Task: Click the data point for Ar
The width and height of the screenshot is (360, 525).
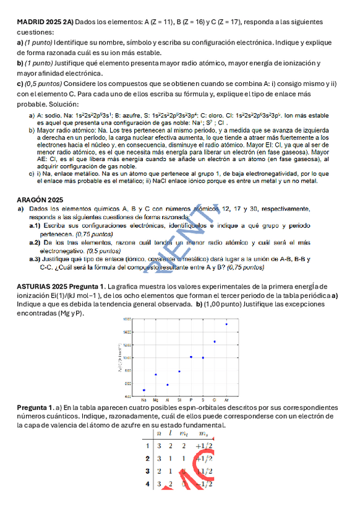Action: (x=226, y=324)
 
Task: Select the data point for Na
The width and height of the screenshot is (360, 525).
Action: (x=144, y=390)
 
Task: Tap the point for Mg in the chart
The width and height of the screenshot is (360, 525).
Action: (x=156, y=375)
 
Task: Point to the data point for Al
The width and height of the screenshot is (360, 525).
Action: (x=168, y=384)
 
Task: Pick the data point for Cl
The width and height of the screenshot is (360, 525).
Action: (x=215, y=341)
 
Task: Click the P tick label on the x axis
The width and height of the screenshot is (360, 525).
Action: (x=191, y=400)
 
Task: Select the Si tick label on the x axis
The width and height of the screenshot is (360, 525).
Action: (x=179, y=400)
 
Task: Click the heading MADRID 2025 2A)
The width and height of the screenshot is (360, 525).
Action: (x=45, y=22)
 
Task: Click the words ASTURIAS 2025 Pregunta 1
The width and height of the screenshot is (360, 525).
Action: (x=61, y=287)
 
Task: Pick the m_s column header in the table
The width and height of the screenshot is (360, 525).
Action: (x=205, y=435)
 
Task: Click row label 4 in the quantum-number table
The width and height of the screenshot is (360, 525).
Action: (x=147, y=484)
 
